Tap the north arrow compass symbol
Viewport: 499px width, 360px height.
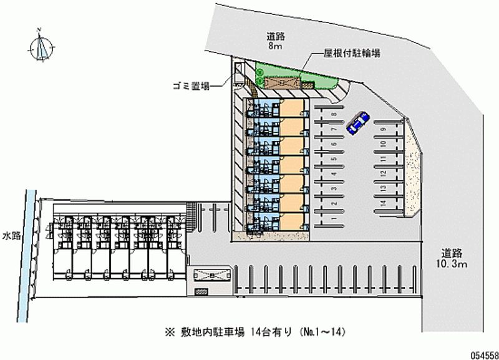(42, 47)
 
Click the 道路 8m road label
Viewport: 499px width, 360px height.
(274, 41)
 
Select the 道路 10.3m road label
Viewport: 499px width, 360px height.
(452, 259)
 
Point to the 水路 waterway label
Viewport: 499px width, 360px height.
(11, 236)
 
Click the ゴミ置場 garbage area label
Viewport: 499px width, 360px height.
(191, 85)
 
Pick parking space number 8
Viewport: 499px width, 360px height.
(334, 114)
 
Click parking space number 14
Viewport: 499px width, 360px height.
(382, 202)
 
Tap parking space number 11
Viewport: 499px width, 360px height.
(382, 158)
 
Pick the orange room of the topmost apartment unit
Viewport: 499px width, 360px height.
(294, 107)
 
